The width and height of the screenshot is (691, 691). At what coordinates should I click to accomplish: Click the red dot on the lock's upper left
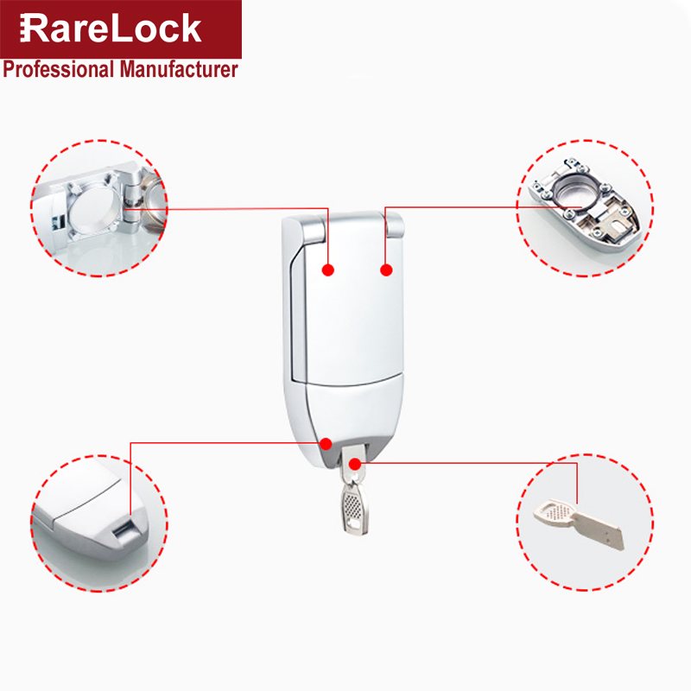(x=327, y=270)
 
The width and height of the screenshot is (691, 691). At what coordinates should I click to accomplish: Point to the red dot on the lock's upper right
(x=386, y=270)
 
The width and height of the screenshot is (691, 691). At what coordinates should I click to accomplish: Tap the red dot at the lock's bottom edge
(x=326, y=443)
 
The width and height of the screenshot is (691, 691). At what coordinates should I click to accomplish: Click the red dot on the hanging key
(x=354, y=465)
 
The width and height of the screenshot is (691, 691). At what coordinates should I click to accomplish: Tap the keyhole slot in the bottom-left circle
(x=124, y=529)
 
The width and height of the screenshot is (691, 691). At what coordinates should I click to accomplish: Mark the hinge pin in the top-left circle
(x=131, y=203)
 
